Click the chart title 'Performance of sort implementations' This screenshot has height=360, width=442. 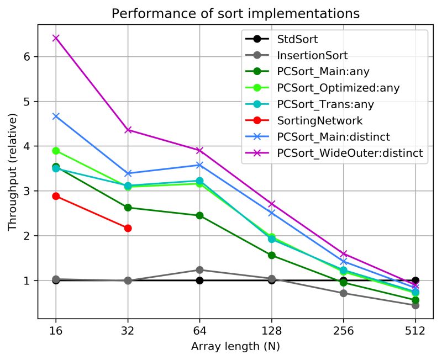[235, 13]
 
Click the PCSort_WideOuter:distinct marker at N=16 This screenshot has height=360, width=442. [56, 38]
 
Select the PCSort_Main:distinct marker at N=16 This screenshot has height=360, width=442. [56, 116]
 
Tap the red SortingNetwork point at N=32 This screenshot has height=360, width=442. [128, 228]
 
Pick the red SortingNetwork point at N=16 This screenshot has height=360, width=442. [56, 196]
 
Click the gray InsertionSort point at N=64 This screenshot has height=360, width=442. [199, 270]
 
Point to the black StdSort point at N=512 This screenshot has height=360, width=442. [415, 280]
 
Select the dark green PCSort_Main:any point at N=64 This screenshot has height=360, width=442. [199, 215]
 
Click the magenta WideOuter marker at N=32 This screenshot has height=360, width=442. [128, 130]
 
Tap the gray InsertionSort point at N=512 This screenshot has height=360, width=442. [415, 305]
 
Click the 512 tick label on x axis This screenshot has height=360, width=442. [415, 331]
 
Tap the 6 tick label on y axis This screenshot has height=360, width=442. [27, 57]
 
